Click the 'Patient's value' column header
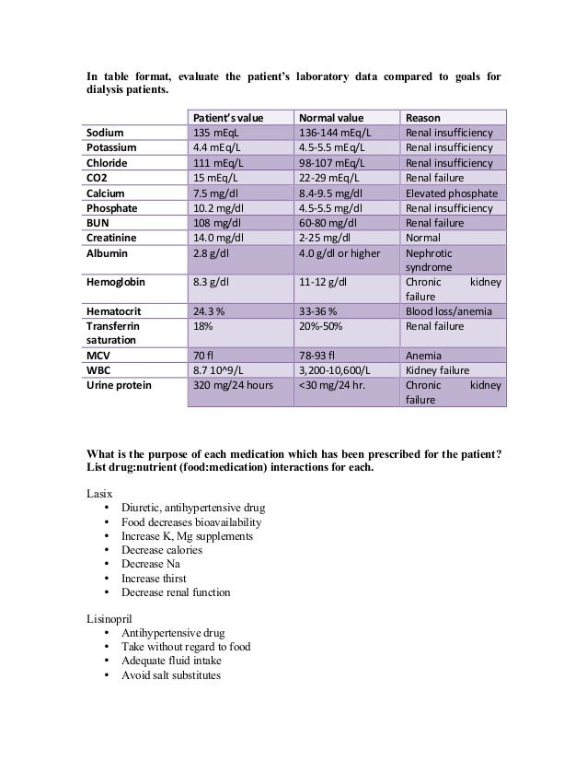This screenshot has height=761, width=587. [226, 118]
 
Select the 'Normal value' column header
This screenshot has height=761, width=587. [330, 118]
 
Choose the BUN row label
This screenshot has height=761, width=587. [98, 221]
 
